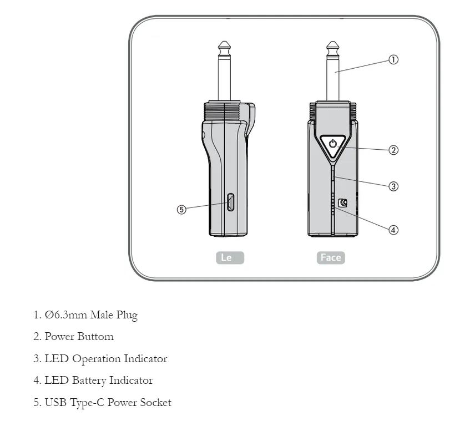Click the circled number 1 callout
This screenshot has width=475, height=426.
(393, 60)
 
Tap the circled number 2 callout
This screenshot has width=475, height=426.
(393, 150)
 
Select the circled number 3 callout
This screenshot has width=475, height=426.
(393, 186)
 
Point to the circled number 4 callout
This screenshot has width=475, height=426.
(393, 230)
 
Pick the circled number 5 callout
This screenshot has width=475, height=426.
(181, 209)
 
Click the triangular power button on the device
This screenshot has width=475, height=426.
(332, 144)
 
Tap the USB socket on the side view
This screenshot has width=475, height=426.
(230, 202)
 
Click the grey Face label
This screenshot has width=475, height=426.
(331, 258)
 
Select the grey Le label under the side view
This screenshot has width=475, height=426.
(230, 258)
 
